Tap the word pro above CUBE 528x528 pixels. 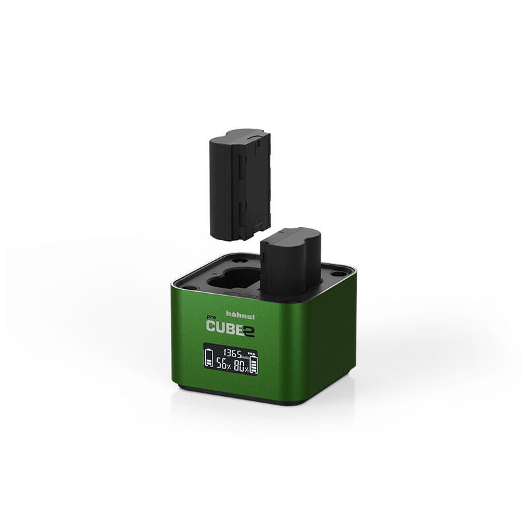(212, 319)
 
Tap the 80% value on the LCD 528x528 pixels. (242, 367)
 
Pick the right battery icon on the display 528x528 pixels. (254, 364)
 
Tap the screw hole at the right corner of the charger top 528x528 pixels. (337, 274)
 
